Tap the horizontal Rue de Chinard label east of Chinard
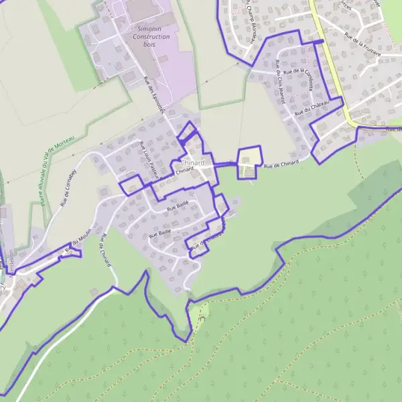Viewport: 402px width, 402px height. [280, 165]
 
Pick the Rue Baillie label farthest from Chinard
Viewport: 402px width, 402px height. [159, 233]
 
